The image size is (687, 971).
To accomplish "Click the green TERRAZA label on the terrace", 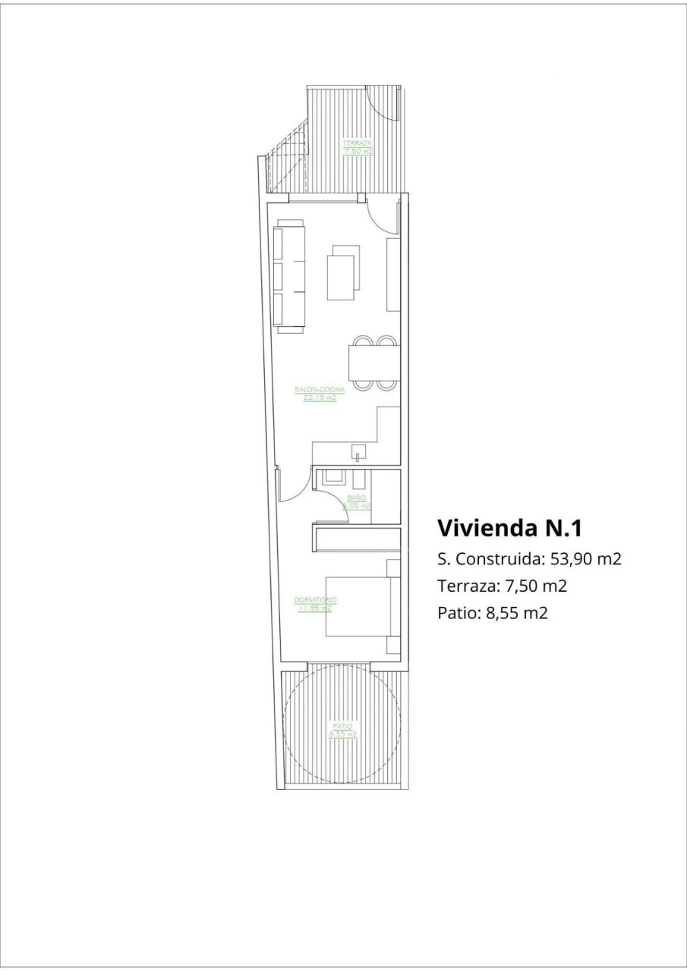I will [357, 146].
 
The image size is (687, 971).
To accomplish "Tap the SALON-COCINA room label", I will [320, 393].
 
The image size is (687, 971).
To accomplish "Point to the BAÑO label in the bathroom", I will [357, 501].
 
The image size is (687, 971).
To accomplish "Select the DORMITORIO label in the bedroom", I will [315, 603].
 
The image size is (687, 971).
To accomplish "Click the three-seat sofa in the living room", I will [290, 277].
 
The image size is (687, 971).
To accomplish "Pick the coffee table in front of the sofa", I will [341, 273].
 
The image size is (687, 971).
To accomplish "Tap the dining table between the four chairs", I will [373, 363].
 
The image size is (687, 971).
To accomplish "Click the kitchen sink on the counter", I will [357, 455].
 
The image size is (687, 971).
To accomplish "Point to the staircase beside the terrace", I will [286, 163].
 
